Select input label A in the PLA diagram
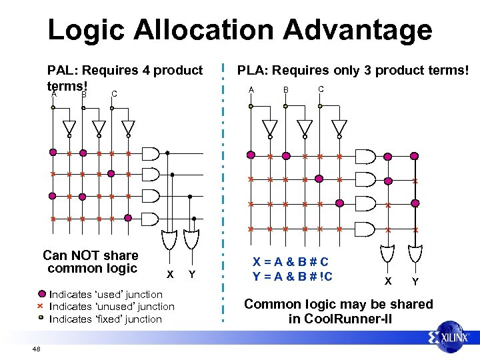[x=251, y=90]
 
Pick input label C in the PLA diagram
[x=321, y=89]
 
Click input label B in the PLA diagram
[x=285, y=90]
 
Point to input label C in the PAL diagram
[x=115, y=94]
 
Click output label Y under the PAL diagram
[x=192, y=275]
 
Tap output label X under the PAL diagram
[x=170, y=275]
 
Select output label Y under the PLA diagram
[x=415, y=281]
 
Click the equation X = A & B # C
[x=290, y=262]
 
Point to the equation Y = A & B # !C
[x=293, y=277]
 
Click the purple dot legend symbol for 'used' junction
[x=41, y=294]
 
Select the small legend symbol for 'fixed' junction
[x=41, y=319]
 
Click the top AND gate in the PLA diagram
[x=366, y=156]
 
